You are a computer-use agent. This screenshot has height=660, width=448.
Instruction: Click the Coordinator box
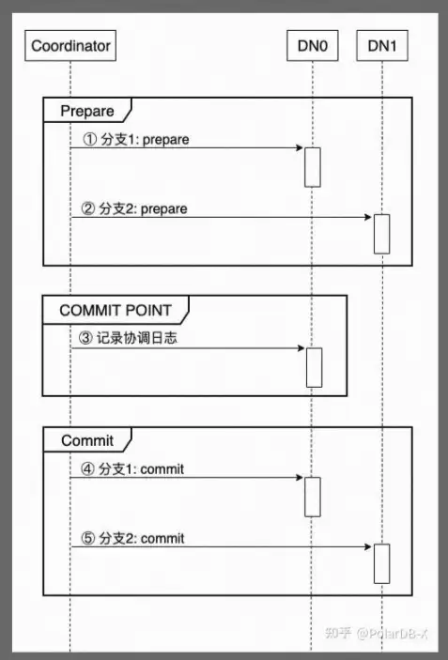pos(70,45)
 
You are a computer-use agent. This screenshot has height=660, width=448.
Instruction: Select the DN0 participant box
pos(313,45)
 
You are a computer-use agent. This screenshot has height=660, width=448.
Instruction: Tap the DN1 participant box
pos(382,45)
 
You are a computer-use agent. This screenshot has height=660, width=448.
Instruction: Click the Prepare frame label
pos(87,111)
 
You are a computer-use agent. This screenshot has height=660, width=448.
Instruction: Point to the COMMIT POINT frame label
pos(116,311)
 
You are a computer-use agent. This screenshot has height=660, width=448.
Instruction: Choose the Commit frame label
pos(87,440)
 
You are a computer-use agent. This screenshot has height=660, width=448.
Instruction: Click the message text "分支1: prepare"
pos(145,140)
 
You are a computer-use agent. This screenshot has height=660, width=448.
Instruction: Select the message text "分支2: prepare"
pos(143,208)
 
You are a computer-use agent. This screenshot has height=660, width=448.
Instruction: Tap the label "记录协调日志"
pos(137,338)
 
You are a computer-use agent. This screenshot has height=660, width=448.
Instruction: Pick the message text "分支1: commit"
pos(142,469)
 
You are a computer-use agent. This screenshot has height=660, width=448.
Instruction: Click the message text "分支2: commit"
pos(142,538)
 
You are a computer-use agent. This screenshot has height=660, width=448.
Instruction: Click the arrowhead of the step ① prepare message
pos(300,147)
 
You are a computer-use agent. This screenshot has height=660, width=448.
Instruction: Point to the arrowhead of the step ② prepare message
pos(368,217)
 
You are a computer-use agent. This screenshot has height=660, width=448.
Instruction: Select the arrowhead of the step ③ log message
pos(301,348)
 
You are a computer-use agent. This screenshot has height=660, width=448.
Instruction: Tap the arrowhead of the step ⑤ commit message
pos(368,546)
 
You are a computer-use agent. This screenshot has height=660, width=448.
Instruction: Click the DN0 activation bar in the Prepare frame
pos(313,167)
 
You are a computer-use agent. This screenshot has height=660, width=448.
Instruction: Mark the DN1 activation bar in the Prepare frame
pos(382,234)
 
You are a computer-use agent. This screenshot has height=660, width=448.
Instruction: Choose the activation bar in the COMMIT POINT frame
pos(314,367)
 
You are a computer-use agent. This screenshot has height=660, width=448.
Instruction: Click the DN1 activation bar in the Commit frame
pos(382,563)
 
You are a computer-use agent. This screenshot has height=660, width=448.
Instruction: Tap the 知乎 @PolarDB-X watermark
pos(377,633)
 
